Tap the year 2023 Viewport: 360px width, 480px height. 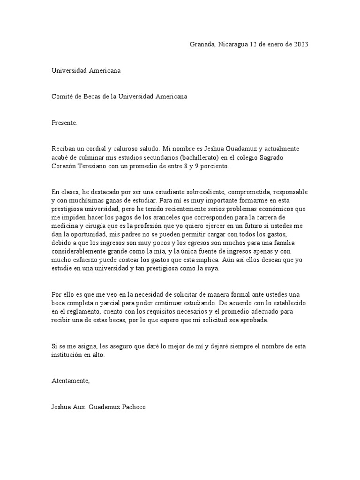pyautogui.click(x=301, y=45)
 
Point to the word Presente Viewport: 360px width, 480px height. pyautogui.click(x=64, y=123)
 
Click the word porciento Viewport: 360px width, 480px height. pyautogui.click(x=215, y=166)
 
